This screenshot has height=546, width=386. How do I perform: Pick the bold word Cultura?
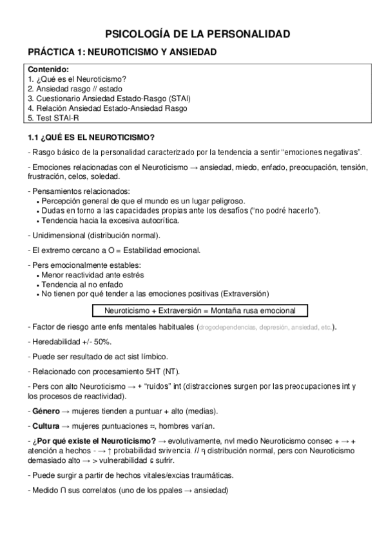48,426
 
